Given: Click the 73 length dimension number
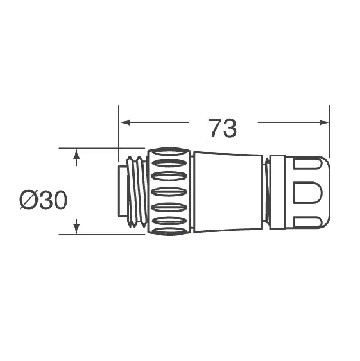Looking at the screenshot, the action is (x=223, y=128).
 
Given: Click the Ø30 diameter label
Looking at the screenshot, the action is (x=44, y=200).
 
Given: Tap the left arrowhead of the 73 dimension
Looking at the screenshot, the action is (x=124, y=122).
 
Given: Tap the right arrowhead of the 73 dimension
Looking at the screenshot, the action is (x=324, y=122).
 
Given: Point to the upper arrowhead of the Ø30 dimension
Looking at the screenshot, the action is (x=76, y=155).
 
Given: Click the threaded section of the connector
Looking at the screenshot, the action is (x=137, y=192).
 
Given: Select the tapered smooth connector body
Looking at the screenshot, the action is (x=228, y=192).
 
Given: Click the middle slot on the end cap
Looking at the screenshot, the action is (x=307, y=193).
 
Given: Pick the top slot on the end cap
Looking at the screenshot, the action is (x=307, y=164).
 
